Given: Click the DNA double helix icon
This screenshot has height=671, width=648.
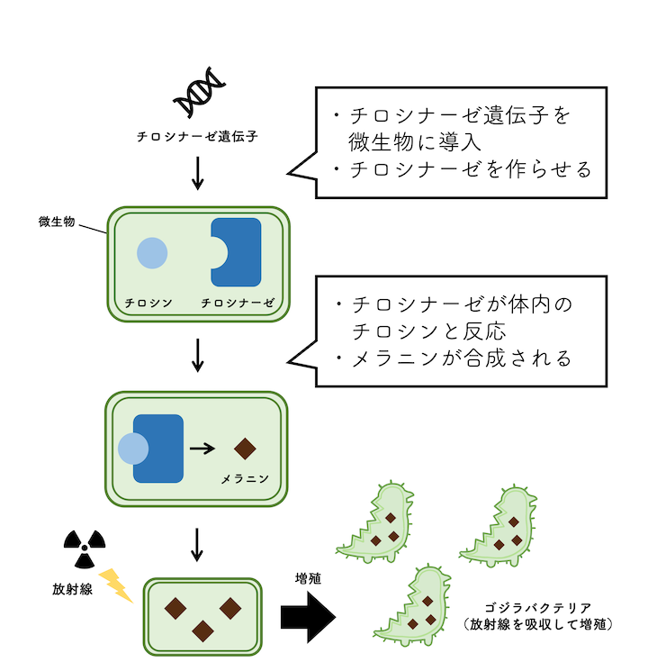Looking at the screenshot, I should pyautogui.click(x=199, y=93).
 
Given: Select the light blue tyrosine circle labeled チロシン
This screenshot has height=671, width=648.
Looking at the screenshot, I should pyautogui.click(x=151, y=252).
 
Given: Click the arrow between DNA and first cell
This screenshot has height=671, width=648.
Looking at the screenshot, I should pyautogui.click(x=199, y=171).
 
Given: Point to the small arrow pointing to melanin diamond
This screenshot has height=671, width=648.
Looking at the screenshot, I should pyautogui.click(x=202, y=447).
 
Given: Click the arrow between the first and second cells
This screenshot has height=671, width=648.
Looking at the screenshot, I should pyautogui.click(x=199, y=355).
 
